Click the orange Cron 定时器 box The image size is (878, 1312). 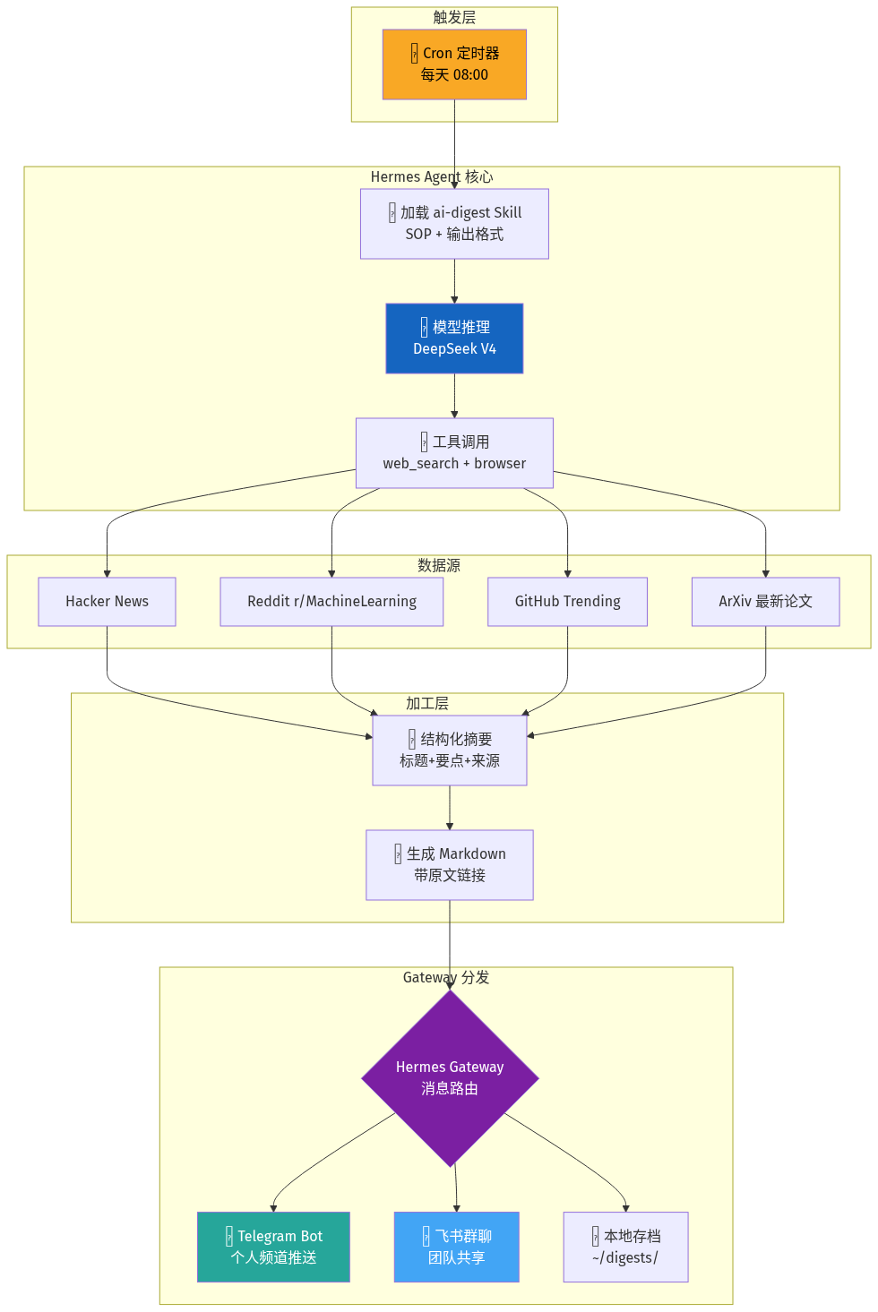point(454,64)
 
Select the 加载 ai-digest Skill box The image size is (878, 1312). point(454,224)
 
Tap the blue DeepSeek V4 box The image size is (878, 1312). point(454,339)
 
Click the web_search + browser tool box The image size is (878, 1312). point(454,453)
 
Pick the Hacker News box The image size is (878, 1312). point(108,602)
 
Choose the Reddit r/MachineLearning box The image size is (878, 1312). point(331,602)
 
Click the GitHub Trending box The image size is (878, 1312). point(567,602)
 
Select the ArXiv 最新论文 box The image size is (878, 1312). point(765,602)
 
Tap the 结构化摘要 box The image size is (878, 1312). point(450,750)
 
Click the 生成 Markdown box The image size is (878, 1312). point(450,864)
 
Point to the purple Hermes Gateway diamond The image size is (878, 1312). point(450,1078)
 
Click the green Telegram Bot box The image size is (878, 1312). point(274,1247)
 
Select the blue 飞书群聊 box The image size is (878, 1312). point(457,1247)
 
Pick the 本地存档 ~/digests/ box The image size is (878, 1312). point(626,1247)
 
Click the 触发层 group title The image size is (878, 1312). point(454,18)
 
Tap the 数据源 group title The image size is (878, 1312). point(439,565)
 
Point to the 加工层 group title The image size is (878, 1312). point(427,703)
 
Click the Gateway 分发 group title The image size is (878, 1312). point(446,978)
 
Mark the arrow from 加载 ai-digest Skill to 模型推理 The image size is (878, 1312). point(454,281)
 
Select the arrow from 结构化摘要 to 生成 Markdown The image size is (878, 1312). point(450,808)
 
